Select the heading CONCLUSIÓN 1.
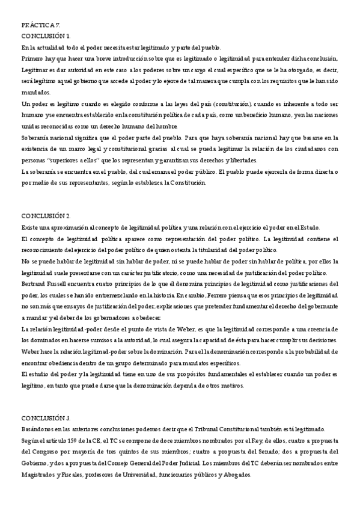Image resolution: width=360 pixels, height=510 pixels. pyautogui.click(x=46, y=37)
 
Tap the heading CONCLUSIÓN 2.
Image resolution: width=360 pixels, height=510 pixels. pyautogui.click(x=46, y=216)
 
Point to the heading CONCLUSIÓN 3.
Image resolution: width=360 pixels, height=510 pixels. pyautogui.click(x=46, y=417)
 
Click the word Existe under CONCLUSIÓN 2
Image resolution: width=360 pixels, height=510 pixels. pyautogui.click(x=31, y=227)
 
